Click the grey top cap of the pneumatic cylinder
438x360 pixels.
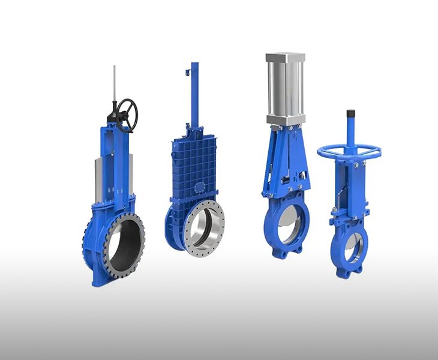click(x=286, y=58)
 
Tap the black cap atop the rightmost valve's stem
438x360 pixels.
click(x=351, y=113)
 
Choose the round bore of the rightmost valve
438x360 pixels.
click(x=352, y=246)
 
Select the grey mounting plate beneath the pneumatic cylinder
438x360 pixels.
click(x=286, y=122)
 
